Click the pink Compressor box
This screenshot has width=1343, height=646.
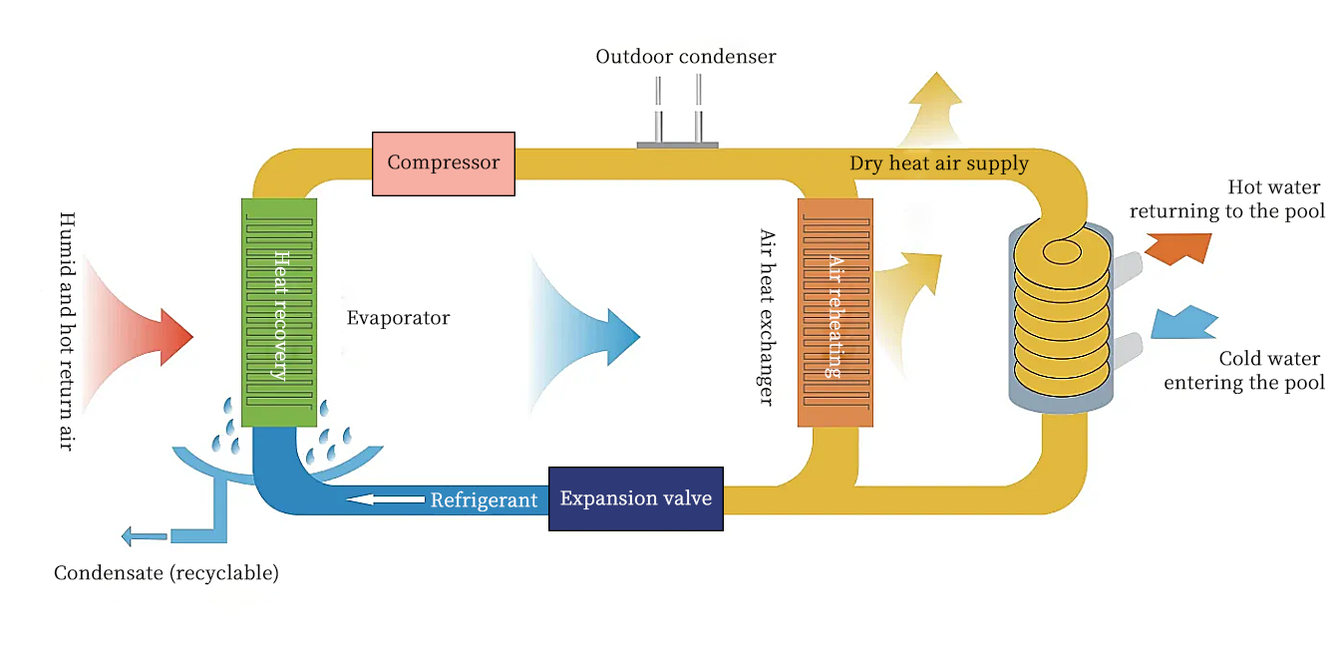coord(443,163)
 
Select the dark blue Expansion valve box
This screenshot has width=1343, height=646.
coord(635,498)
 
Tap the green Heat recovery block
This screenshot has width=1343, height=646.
coord(279,313)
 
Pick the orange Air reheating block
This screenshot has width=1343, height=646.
coord(836,313)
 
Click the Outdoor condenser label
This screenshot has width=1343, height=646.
coord(685,57)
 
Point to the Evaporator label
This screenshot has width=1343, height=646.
coord(398,319)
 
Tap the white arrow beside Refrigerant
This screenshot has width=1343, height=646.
coord(385,499)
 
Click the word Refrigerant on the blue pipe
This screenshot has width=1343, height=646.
coord(484,500)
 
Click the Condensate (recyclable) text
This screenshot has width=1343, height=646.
coord(166,573)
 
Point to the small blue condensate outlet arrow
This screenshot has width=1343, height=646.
coord(144,536)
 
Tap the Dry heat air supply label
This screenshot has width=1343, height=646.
coord(938,163)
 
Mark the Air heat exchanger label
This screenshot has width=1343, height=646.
coord(766,317)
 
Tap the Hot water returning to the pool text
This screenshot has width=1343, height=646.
coord(1227,199)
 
